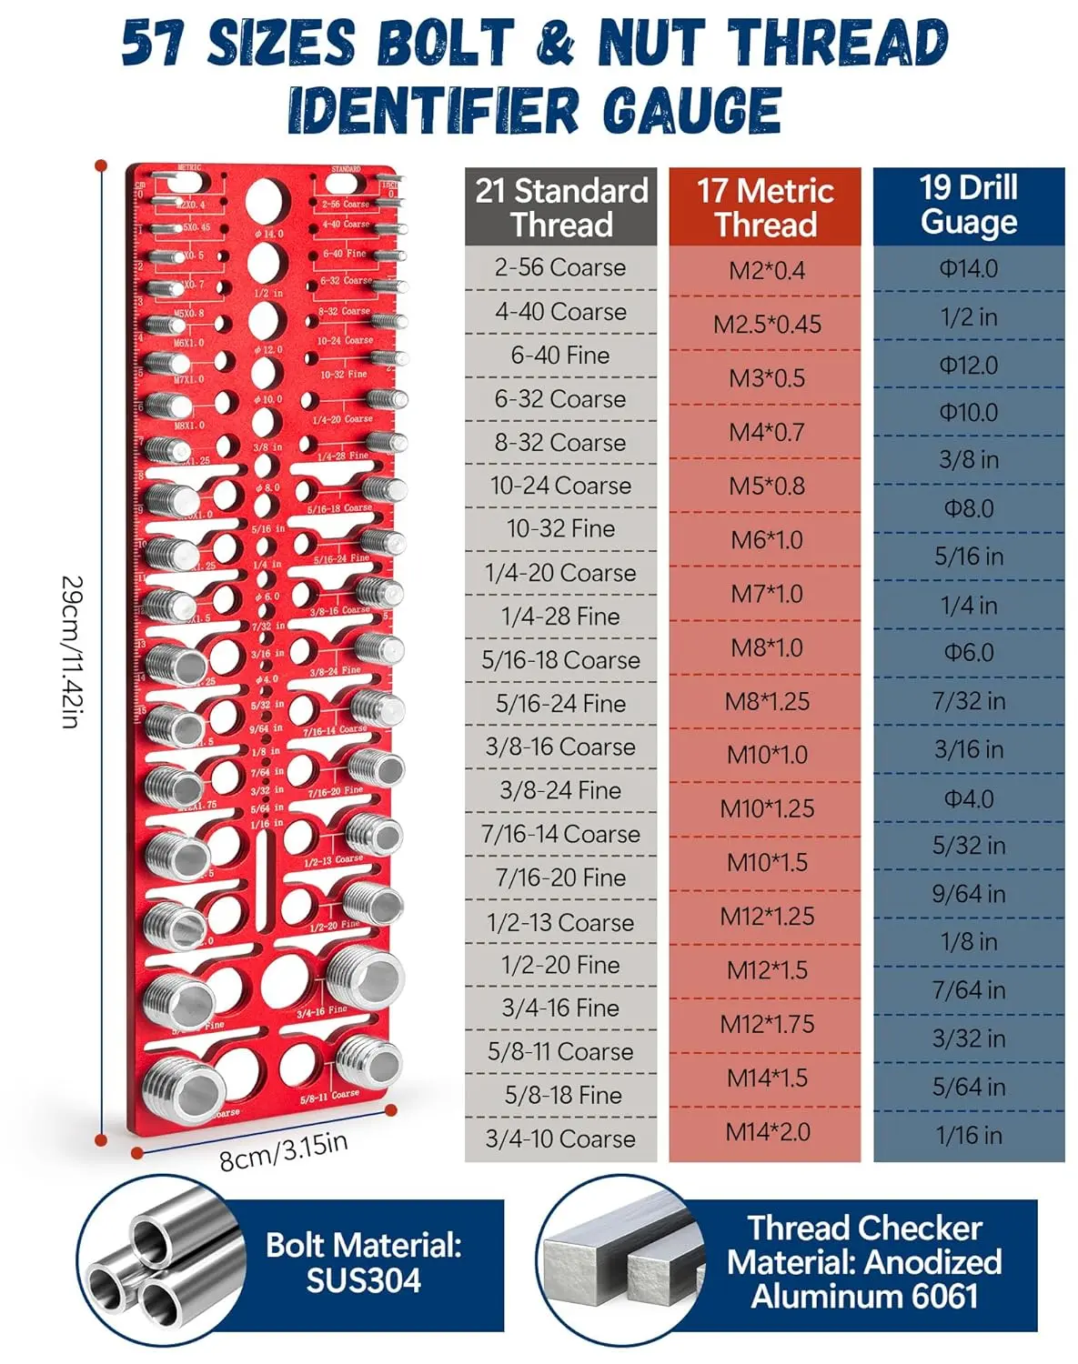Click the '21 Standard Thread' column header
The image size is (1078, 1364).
560,207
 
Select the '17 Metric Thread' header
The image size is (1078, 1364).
765,207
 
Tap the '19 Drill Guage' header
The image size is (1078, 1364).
968,206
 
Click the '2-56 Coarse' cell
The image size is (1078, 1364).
560,268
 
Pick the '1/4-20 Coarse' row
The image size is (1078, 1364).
560,573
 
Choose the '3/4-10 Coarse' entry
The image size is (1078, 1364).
560,1138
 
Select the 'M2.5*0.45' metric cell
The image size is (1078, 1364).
767,325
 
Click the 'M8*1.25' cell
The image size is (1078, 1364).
767,701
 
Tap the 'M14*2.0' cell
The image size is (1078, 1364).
767,1132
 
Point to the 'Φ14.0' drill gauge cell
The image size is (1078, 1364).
969,269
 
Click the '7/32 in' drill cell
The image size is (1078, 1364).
969,701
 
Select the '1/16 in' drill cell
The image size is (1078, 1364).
969,1135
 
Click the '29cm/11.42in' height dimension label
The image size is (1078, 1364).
73,651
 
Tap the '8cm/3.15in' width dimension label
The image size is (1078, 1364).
283,1151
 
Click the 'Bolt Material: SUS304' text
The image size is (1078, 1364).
364,1262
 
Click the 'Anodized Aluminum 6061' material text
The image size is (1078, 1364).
864,1279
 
